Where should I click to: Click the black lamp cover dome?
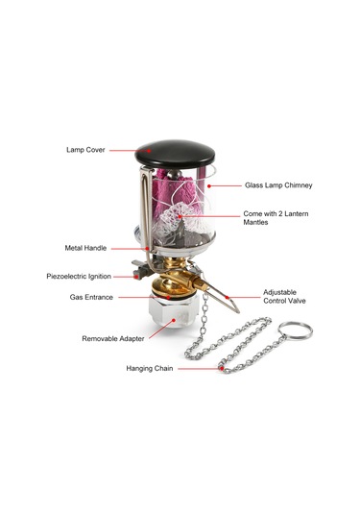point(175,154)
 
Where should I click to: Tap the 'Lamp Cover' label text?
point(85,150)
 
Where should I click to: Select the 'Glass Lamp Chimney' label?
point(278,185)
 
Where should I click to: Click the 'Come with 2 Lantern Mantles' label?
point(276,218)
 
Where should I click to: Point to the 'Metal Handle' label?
point(85,248)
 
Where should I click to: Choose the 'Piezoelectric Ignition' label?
point(79,276)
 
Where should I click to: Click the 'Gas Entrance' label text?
point(91,297)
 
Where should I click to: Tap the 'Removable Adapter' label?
point(113,338)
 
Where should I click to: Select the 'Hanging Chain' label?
point(150,368)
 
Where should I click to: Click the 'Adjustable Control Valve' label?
point(284,296)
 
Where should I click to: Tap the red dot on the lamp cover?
point(149,151)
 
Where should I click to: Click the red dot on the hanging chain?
point(222,369)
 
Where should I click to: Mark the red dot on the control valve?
point(228,297)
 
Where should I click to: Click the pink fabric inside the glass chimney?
point(177,192)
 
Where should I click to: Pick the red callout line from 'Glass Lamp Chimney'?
point(225,185)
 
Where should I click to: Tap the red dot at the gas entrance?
point(168,297)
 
